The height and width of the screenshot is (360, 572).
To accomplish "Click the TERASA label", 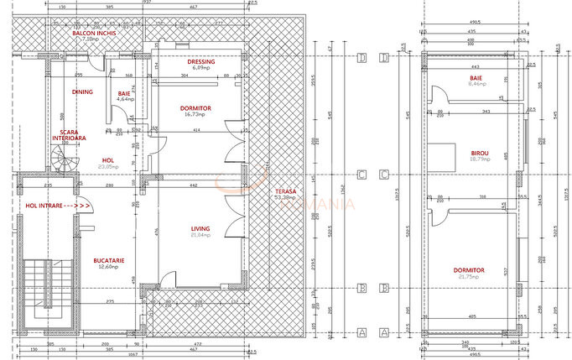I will pos(285,192).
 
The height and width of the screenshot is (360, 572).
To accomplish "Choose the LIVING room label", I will pos(200,228).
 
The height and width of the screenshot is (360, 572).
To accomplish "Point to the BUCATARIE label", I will pos(109,260).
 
